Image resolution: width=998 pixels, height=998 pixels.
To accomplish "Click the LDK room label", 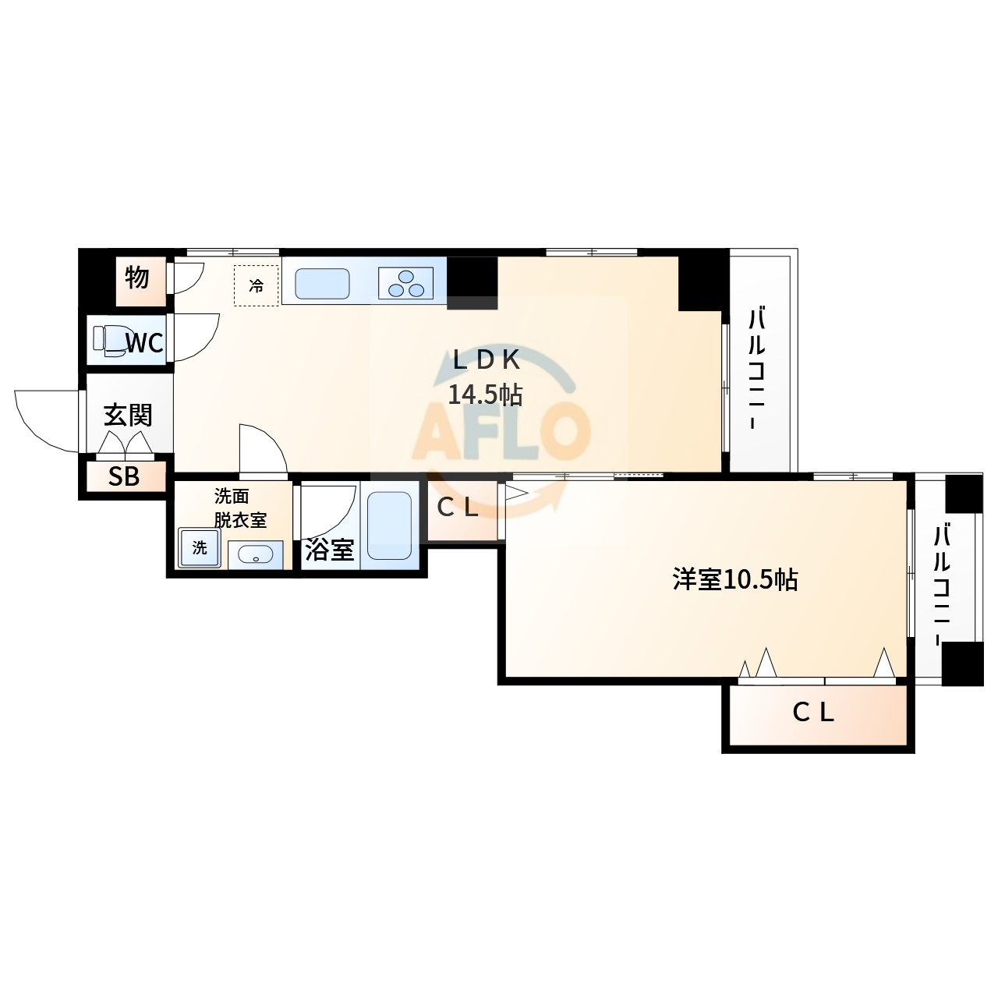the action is tap(486, 359).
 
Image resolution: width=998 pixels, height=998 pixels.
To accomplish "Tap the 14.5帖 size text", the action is tap(485, 395).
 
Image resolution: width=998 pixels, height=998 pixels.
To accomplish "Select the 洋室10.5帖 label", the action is tap(735, 579).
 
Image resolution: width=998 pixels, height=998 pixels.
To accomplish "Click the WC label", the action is tap(145, 342).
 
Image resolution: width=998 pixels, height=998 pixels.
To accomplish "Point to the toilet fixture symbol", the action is tap(109, 340).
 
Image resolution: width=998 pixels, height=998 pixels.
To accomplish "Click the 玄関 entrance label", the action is tap(128, 416).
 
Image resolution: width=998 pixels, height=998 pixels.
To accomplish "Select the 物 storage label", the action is tap(137, 278).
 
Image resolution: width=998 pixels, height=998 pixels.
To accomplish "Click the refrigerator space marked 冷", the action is tap(257, 285).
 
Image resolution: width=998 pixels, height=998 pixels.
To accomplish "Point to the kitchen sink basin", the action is tap(322, 283).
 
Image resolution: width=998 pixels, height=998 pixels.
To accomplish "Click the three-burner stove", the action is tap(406, 283).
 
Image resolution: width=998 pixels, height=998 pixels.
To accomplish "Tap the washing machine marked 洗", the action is tap(200, 547).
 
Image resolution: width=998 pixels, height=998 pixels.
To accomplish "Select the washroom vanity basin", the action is tap(255, 555).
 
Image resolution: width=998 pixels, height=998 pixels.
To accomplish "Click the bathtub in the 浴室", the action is tap(390, 526).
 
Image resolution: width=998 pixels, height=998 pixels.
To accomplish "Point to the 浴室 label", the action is tap(330, 550).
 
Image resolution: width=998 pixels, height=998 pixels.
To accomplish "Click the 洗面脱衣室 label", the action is tap(240, 508).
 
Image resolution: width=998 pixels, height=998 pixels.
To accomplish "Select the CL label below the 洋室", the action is tap(813, 713).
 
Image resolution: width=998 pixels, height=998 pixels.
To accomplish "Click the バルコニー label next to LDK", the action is tap(757, 369).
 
